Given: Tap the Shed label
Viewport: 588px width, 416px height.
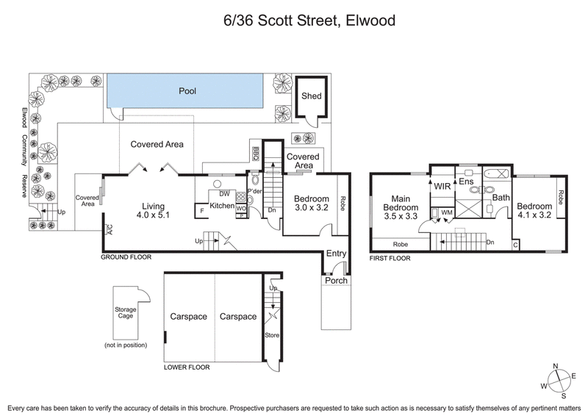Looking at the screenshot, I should pyautogui.click(x=312, y=96).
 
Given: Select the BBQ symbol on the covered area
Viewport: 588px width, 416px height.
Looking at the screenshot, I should pyautogui.click(x=256, y=153).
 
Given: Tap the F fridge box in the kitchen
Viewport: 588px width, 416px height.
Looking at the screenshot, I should pyautogui.click(x=201, y=212).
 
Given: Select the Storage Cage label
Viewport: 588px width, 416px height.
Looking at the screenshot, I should pyautogui.click(x=126, y=313).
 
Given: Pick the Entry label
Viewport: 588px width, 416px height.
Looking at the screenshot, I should pyautogui.click(x=336, y=254).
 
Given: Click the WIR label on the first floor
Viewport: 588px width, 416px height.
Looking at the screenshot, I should pyautogui.click(x=441, y=187).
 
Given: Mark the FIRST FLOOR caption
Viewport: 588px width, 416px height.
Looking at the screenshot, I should pyautogui.click(x=390, y=258).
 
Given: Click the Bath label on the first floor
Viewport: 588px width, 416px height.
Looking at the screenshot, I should pyautogui.click(x=501, y=198).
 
